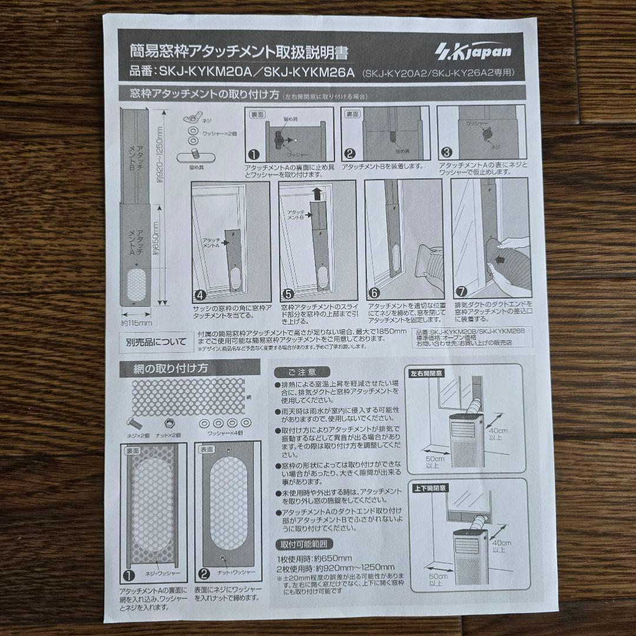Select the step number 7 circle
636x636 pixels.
tap(461, 290)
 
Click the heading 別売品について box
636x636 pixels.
tap(156, 341)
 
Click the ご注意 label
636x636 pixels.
tap(302, 372)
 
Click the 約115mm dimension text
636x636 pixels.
tap(137, 323)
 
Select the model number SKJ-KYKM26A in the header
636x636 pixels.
tap(309, 73)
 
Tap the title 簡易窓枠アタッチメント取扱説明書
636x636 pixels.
tap(239, 51)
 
